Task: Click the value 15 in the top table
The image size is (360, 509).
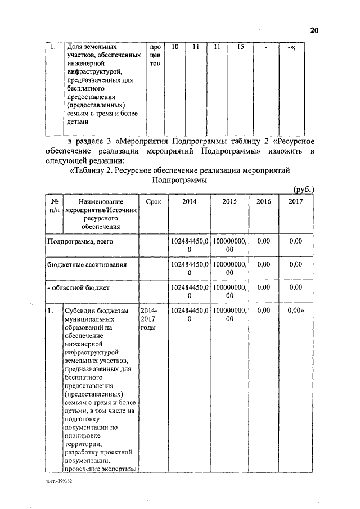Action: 240,47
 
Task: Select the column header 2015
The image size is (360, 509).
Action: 229,201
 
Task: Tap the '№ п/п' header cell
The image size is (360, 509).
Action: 55,206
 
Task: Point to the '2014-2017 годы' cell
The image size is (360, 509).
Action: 149,319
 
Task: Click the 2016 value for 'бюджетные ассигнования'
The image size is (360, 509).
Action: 263,264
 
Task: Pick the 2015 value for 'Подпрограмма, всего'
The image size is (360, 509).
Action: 229,246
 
